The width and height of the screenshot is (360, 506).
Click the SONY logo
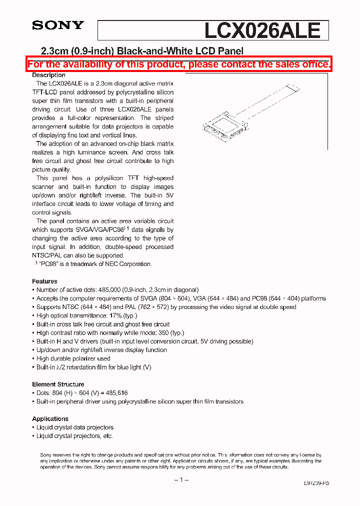tap(58, 25)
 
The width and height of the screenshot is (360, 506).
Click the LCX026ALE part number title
tap(262, 30)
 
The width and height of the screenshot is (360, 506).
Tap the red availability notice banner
tap(179, 64)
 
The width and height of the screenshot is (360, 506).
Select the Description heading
tap(48, 75)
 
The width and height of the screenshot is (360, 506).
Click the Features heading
tap(44, 281)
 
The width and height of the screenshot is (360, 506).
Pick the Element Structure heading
tap(58, 384)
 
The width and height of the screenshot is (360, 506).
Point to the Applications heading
tap(50, 419)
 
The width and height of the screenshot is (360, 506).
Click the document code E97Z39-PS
tap(316, 483)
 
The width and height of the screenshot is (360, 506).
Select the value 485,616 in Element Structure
tap(117, 393)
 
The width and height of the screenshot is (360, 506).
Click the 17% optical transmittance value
tap(115, 315)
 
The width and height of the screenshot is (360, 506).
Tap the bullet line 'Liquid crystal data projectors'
tap(74, 427)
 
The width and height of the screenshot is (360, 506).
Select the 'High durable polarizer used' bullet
tap(73, 358)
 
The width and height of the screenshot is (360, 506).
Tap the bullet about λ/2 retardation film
tap(93, 367)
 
